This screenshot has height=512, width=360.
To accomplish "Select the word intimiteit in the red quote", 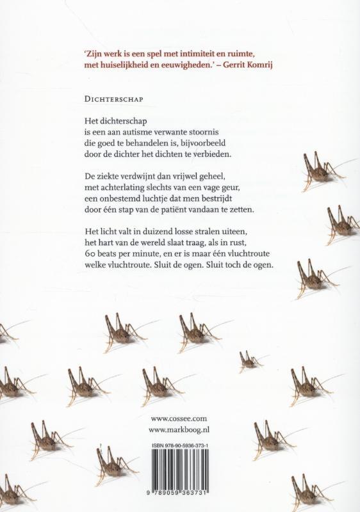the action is pyautogui.click(x=188, y=54).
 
